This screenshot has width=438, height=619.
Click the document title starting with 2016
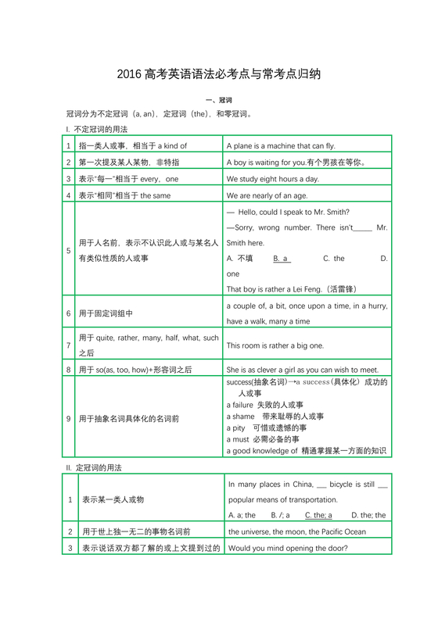[218, 75]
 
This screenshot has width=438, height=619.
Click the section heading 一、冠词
[218, 100]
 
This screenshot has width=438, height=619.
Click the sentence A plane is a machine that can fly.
[280, 145]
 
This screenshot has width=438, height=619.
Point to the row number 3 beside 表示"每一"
[69, 178]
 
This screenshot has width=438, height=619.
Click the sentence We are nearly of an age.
[268, 195]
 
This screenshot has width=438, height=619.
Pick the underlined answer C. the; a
[318, 515]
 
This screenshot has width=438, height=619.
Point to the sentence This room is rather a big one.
[275, 345]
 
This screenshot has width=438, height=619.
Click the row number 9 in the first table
[69, 418]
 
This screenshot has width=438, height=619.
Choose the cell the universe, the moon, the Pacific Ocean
[296, 531]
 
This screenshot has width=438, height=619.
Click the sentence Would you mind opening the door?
[289, 548]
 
